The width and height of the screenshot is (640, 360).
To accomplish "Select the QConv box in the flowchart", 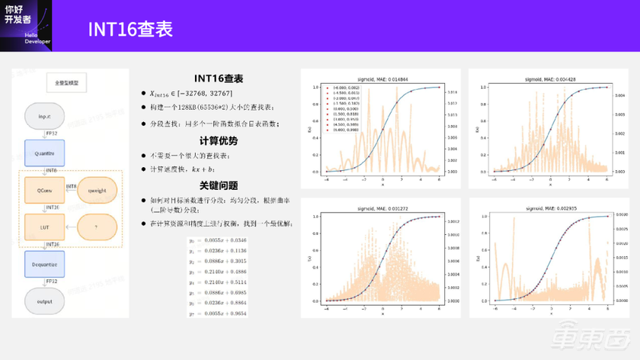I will (x=44, y=188).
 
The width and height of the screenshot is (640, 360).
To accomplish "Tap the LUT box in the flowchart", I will (x=44, y=225).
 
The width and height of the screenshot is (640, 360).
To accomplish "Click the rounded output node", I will (x=44, y=301).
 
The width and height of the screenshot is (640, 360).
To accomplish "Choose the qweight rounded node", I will (x=97, y=191).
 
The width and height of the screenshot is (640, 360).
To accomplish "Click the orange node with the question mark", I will (x=97, y=226).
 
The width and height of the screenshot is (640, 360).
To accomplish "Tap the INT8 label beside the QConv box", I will (x=72, y=185).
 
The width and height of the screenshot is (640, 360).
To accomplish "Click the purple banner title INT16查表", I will (x=130, y=29).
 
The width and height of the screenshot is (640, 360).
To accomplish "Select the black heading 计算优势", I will (x=218, y=141).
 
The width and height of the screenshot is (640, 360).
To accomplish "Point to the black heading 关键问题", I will (x=218, y=185).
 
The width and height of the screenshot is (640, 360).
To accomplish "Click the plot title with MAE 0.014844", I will (x=373, y=78).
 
